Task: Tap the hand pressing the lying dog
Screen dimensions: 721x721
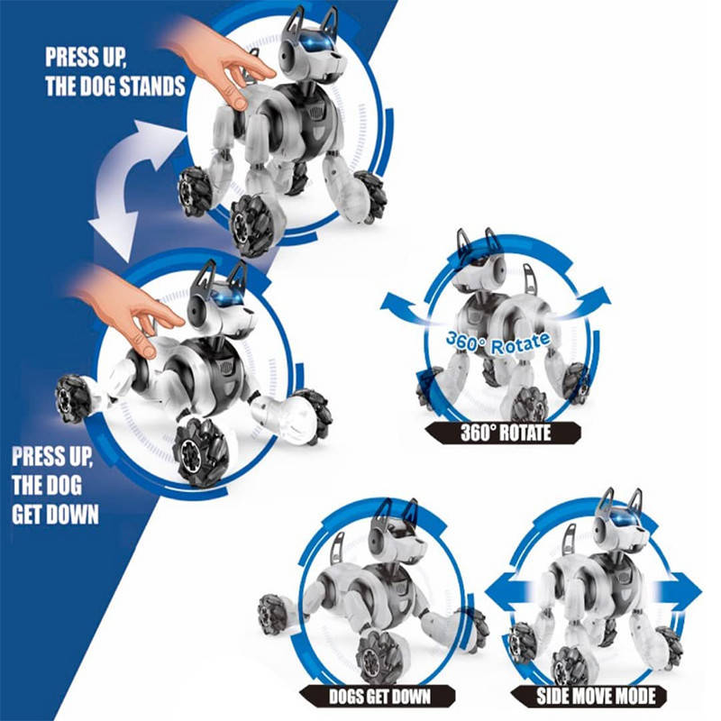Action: click(x=126, y=306)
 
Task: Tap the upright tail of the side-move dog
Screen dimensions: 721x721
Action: click(x=569, y=541)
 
